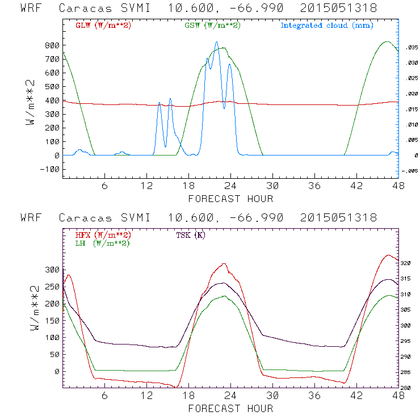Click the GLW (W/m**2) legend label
(102, 26)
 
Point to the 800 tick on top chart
(52, 45)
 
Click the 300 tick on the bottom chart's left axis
(52, 270)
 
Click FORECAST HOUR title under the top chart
(230, 199)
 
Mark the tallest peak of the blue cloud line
(216, 42)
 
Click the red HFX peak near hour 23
(225, 263)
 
